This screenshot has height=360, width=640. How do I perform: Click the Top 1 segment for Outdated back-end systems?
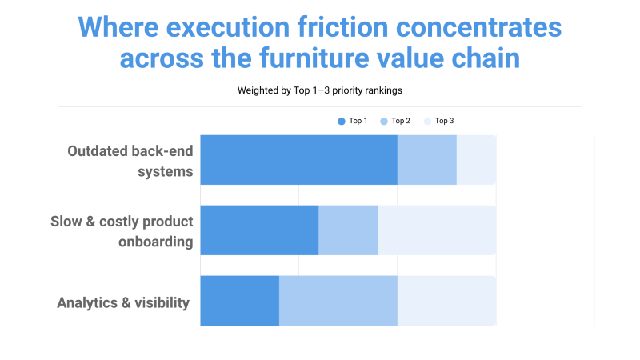(298, 160)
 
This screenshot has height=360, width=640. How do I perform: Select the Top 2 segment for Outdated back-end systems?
(426, 160)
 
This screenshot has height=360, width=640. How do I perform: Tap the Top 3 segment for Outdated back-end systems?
(476, 160)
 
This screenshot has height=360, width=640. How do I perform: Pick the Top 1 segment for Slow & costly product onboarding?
(259, 230)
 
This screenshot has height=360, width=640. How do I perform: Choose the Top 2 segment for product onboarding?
(348, 230)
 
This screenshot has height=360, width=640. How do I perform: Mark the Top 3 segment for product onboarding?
(437, 230)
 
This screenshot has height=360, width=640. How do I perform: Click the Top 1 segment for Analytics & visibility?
(239, 301)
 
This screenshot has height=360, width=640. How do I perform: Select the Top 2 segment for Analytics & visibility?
(338, 301)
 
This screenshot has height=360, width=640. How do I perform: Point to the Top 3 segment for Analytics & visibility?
(446, 301)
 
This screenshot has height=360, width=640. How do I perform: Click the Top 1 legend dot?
(342, 121)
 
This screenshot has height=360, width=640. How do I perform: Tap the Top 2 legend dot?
(384, 121)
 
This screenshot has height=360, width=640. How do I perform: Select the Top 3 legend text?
(444, 121)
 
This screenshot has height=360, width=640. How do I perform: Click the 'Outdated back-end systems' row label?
(130, 160)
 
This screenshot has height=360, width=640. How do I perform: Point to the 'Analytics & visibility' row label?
(123, 302)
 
